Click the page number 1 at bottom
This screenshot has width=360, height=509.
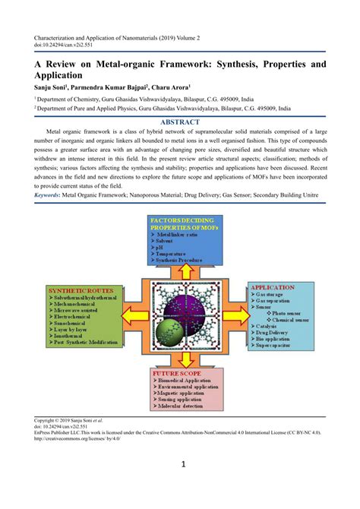[180, 486]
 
